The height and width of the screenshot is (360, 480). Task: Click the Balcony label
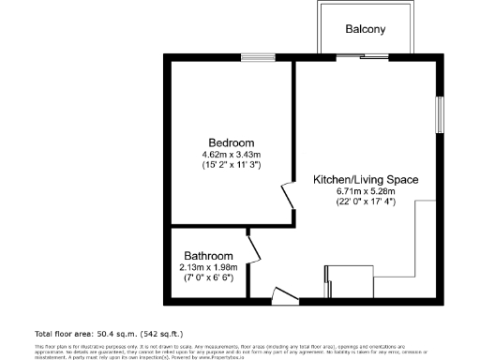[x=365, y=29]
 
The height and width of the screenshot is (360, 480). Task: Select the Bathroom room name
[x=207, y=255]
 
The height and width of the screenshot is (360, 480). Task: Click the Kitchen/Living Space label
[x=365, y=179]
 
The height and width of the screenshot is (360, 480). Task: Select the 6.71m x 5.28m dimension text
[x=365, y=191]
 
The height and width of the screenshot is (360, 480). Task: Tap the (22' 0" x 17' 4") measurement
[x=365, y=202]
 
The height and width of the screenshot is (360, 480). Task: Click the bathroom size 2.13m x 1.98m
[x=207, y=266]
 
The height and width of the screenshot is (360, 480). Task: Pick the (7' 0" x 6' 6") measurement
[x=207, y=277]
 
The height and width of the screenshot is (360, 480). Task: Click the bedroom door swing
[x=289, y=198]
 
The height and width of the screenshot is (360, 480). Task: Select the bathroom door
[x=252, y=249]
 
